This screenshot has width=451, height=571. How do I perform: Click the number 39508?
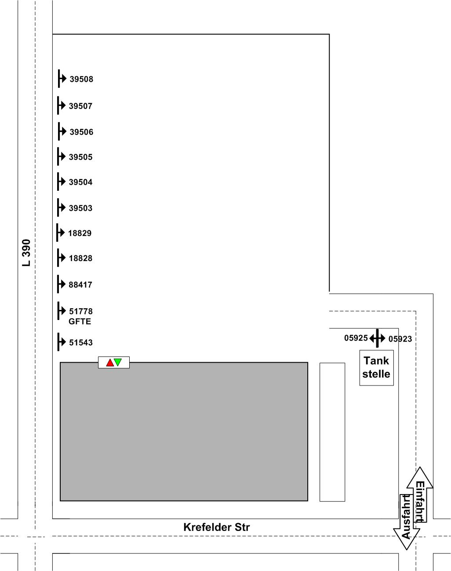[81, 79]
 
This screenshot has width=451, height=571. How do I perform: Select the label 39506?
[81, 132]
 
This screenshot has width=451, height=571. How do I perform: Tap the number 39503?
[80, 208]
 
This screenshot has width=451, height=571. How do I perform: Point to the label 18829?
[80, 233]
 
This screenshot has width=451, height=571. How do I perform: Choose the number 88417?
[80, 284]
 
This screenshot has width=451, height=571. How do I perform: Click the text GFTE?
[80, 321]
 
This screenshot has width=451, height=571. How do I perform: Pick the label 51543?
[81, 342]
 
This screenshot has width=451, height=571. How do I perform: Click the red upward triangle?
[110, 363]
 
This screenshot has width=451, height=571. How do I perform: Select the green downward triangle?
[118, 362]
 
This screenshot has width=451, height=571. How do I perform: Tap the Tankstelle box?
[376, 367]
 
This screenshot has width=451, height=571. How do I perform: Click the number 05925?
[356, 338]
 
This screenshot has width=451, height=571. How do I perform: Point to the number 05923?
[400, 339]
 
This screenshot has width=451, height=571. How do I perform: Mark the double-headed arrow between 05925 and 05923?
[377, 338]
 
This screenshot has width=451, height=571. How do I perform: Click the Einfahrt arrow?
[420, 495]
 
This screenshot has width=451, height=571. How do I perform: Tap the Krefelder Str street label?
[216, 527]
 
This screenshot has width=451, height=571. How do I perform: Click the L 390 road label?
[26, 252]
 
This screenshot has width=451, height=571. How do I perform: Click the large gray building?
[184, 431]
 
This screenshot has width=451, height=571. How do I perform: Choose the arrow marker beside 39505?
[62, 156]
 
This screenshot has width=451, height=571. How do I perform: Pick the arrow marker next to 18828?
[62, 258]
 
